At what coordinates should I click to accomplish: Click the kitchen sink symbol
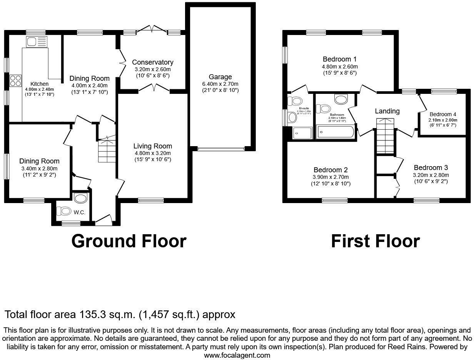tap(37, 41)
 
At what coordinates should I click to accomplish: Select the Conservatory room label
tap(153, 62)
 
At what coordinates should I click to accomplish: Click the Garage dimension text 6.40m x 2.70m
tap(220, 84)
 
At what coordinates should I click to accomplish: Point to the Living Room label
tap(153, 146)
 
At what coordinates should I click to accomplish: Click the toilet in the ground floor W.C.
tap(63, 211)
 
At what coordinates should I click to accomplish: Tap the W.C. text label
tap(79, 212)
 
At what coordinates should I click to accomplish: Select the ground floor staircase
tap(107, 150)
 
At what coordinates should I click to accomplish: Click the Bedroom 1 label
tap(339, 59)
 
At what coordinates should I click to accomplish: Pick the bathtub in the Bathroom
tap(335, 133)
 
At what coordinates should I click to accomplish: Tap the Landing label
tap(387, 111)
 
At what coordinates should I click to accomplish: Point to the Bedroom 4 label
tap(443, 114)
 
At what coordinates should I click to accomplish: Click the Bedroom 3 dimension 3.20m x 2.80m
tap(431, 175)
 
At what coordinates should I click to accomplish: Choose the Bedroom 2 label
tap(330, 170)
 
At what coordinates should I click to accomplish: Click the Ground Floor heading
tap(129, 241)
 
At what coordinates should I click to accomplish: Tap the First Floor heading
tap(375, 241)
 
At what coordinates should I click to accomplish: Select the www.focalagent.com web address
tap(237, 355)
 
